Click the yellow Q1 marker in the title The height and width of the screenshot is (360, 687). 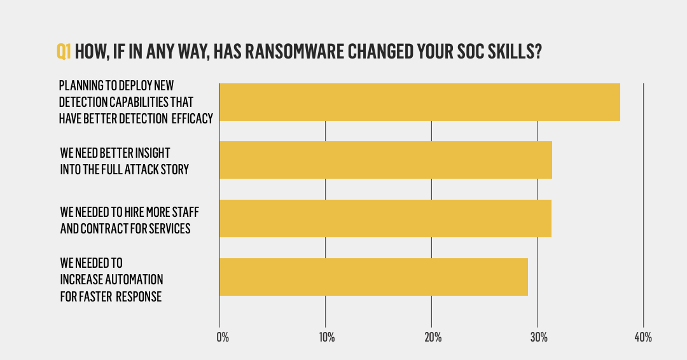coord(64,52)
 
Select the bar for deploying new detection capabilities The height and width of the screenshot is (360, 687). coord(419,102)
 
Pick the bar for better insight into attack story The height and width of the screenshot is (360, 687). coord(385,160)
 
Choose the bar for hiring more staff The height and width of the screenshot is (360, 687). coord(385,218)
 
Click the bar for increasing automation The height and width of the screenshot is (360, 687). coord(373,277)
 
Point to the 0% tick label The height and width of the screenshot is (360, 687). coord(223,337)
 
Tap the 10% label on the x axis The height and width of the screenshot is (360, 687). coord(326,337)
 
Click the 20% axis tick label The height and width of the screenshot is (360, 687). coord(432,337)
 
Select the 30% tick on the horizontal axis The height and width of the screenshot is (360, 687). coord(538,337)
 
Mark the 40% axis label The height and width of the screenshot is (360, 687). coord(643,337)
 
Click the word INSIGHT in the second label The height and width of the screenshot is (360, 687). coord(152,153)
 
